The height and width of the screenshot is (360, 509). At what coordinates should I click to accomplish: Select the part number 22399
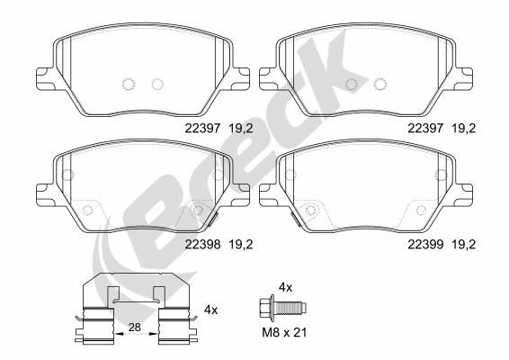(424, 242)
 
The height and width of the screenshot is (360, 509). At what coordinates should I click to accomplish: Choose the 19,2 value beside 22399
(461, 242)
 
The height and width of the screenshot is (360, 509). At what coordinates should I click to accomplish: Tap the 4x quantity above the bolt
(286, 286)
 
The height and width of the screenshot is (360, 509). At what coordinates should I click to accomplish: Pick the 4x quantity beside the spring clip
(213, 310)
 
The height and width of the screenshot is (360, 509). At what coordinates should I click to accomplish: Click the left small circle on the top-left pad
(128, 85)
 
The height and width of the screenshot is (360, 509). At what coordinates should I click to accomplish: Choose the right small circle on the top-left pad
(158, 85)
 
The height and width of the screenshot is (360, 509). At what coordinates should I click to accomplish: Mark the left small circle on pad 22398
(88, 211)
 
